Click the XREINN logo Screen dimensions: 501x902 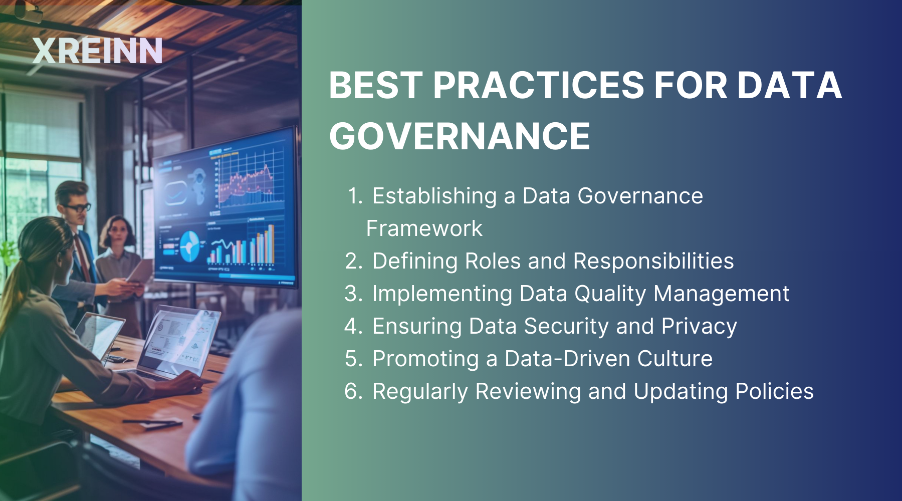97,51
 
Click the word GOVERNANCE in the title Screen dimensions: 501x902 460,136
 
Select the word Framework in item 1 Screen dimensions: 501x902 424,228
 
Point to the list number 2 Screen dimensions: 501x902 353,261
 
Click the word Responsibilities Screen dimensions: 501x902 653,261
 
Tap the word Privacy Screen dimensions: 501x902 699,326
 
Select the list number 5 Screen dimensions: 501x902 353,359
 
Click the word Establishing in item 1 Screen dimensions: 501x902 434,196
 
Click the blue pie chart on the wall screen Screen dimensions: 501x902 189,245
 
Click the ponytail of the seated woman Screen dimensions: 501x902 15,286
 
